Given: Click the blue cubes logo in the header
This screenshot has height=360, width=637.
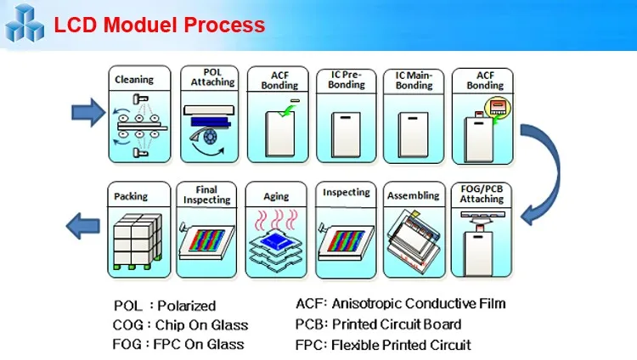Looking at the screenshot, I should click(24, 23).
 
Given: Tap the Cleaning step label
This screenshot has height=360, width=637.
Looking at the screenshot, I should click(133, 79).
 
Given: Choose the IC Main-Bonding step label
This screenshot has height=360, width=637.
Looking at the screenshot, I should click(414, 80).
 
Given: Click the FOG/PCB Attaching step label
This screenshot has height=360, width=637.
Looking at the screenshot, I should click(482, 194).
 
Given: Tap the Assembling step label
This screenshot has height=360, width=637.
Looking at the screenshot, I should click(414, 195).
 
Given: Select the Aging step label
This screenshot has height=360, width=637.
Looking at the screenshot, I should click(276, 196).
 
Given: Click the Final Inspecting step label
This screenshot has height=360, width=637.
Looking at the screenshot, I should click(207, 194).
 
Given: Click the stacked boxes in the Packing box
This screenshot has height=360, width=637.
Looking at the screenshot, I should click(136, 238).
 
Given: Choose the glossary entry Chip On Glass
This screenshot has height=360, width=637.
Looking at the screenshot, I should click(201, 324).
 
